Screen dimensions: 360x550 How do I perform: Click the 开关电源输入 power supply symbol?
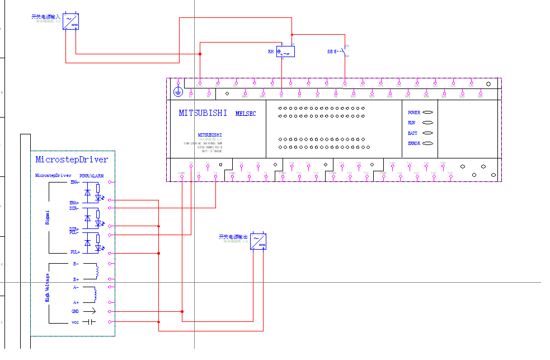[70, 21]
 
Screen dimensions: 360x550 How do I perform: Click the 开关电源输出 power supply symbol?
[258, 241]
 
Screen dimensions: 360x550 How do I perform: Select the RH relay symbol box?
[285, 52]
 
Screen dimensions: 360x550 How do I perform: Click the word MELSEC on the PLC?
[246, 114]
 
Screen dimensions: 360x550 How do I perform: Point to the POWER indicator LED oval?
[428, 113]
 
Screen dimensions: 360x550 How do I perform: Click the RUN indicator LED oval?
[428, 123]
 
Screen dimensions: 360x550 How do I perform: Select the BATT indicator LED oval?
[428, 133]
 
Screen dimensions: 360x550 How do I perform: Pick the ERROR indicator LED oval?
[428, 143]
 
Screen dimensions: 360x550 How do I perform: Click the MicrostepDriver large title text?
[72, 160]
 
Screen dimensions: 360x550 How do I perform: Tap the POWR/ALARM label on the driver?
[91, 176]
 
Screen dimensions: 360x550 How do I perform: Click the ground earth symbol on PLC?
[178, 91]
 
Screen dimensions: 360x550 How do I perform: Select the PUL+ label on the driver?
[74, 253]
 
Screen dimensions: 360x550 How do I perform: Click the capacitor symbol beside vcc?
[92, 321]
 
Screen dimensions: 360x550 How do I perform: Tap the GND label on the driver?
[75, 311]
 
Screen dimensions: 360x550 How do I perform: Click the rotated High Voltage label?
[47, 287]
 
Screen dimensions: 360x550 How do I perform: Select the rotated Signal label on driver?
[47, 217]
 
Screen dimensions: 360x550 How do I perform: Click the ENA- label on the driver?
[74, 182]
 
